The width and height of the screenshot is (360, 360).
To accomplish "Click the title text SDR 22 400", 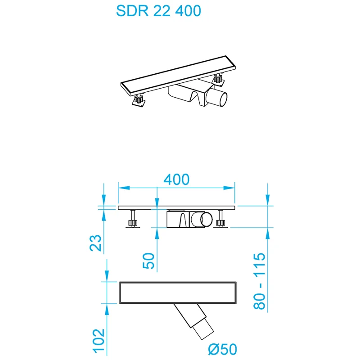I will (x=158, y=12).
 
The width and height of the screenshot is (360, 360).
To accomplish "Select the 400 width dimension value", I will (x=176, y=179).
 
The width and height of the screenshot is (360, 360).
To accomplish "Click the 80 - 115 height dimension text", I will (x=259, y=281).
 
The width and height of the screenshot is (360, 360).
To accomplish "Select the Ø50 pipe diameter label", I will (x=222, y=349).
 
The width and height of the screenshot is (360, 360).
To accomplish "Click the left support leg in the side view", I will (x=133, y=220).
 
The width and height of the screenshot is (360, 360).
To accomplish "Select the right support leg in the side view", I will (x=221, y=220).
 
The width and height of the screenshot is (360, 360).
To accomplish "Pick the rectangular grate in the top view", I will (x=178, y=293).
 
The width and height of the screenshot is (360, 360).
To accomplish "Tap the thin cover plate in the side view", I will (x=176, y=208).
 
